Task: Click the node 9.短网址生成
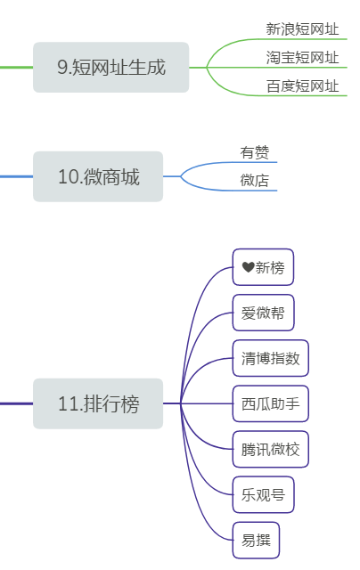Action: (110, 67)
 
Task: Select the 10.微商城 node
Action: (98, 176)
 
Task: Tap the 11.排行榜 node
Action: (98, 403)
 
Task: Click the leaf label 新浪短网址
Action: (302, 29)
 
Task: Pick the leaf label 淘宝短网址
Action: (302, 58)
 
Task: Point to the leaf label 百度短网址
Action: (302, 86)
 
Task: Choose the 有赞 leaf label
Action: (254, 152)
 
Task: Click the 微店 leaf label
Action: (254, 181)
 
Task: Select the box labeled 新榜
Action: (263, 267)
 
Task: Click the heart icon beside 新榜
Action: (248, 267)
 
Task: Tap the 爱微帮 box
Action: (263, 313)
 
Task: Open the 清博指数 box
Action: (270, 358)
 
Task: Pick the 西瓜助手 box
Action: (270, 403)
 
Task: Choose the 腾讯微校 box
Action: (270, 449)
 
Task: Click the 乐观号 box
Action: (263, 494)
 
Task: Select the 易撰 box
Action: (256, 540)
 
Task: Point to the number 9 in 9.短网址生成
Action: (61, 68)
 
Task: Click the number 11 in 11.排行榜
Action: (67, 404)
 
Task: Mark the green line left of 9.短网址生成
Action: (16, 67)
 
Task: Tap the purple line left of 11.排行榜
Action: (16, 403)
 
